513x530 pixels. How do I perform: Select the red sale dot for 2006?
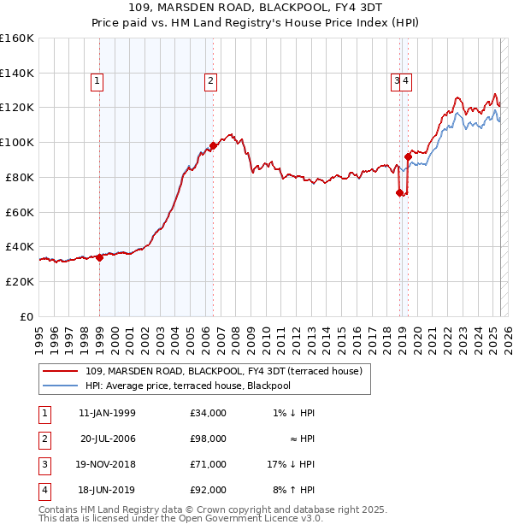pos(213,145)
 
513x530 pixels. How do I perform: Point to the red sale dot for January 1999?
pos(99,256)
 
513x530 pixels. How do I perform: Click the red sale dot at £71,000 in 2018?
pos(399,192)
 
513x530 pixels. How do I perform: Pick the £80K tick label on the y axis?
pos(17,177)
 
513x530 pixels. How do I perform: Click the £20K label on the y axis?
pos(17,281)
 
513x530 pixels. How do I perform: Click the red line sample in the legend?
pos(60,371)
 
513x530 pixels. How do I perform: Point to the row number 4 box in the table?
pos(44,490)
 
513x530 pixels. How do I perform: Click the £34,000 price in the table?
pos(209,413)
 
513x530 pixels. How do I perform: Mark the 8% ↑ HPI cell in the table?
pos(293,490)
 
